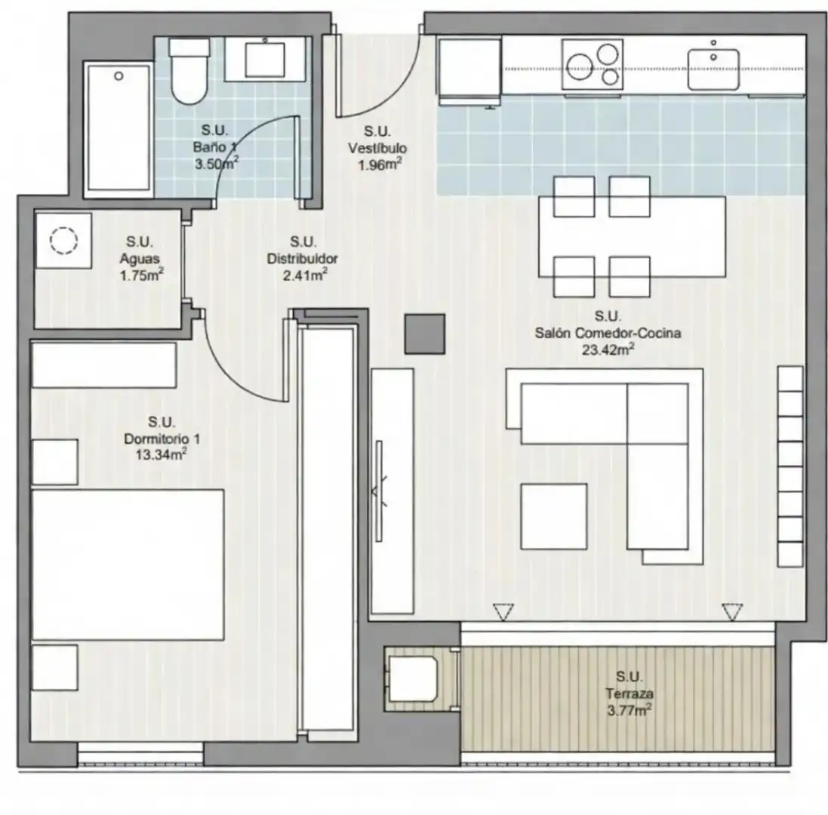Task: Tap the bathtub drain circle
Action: point(119,76)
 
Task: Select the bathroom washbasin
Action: point(265,59)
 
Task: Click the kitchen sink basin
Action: point(713,69)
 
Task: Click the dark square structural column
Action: point(425,334)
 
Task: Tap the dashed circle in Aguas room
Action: point(64,241)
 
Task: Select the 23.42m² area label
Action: point(608,349)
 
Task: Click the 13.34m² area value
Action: point(162,454)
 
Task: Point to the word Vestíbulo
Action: point(377,149)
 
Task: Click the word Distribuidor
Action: point(303,259)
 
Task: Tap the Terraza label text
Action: point(629,694)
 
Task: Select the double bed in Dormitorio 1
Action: point(128,564)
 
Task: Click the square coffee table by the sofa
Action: point(554,517)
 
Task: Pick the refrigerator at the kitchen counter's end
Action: point(469,71)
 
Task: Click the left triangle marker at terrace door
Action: point(503,612)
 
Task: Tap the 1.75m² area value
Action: point(141,275)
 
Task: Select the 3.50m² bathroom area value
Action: point(217,163)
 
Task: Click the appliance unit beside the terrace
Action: point(412,678)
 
